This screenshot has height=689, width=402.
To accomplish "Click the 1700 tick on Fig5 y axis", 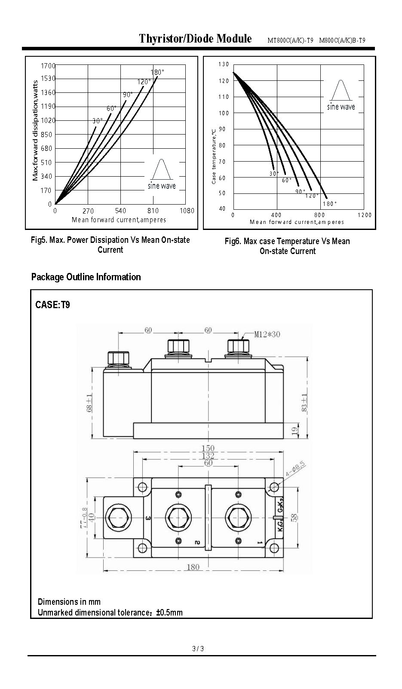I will pos(48,66).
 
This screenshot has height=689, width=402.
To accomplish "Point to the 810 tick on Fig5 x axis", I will pos(153,211).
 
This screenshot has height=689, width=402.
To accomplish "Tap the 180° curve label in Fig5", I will pos(157,72).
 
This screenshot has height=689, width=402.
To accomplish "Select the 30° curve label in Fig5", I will pos(98,121).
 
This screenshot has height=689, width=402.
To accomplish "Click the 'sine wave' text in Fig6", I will pos(341,107).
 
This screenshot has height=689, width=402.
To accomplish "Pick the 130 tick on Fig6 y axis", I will pos(224,64).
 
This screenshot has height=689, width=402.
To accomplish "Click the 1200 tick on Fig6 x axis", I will pos(365,215).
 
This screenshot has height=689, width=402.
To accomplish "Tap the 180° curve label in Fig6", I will pos(330,204).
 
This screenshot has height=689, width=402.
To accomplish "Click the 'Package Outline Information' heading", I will pos(86,277).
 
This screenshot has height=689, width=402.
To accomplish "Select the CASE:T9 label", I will pos(52,305).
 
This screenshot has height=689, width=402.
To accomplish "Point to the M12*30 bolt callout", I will pos(267,334).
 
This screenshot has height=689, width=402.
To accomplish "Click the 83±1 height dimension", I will pos(304,402).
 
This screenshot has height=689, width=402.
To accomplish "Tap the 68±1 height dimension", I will pos(89,402).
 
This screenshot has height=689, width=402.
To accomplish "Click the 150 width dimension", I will pos(208,448).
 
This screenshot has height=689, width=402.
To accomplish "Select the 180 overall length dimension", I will pos(193,567).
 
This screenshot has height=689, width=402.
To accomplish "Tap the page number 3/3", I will pos(198,649).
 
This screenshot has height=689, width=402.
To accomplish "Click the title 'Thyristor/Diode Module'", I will pos(196,39).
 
